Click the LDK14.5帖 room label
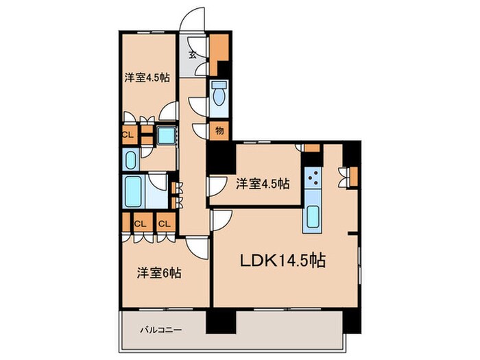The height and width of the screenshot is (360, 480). click(282, 261)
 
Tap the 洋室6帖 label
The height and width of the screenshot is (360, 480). click(158, 273)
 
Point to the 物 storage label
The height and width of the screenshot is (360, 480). click(219, 130)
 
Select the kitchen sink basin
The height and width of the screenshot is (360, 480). click(313, 217)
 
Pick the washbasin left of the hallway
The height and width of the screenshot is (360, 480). click(131, 159)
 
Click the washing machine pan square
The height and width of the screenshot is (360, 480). click(167, 135)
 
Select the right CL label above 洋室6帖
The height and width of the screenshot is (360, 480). click(165, 224)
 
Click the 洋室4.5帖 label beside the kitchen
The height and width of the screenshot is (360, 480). click(263, 183)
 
